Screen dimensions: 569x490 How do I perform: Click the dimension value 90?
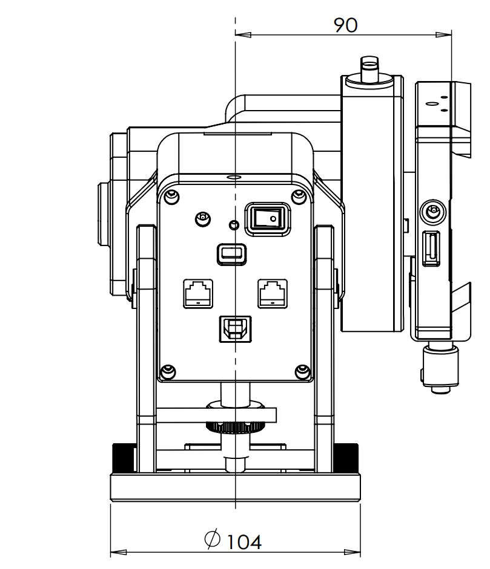click(346, 25)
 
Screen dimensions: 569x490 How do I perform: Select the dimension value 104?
click(244, 541)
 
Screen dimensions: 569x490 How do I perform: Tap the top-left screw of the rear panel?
click(171, 196)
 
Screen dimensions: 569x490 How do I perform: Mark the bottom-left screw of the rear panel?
click(168, 371)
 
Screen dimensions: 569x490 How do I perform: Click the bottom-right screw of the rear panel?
click(301, 371)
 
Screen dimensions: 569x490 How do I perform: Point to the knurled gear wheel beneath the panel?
click(234, 428)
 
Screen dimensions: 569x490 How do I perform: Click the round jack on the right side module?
click(432, 212)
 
